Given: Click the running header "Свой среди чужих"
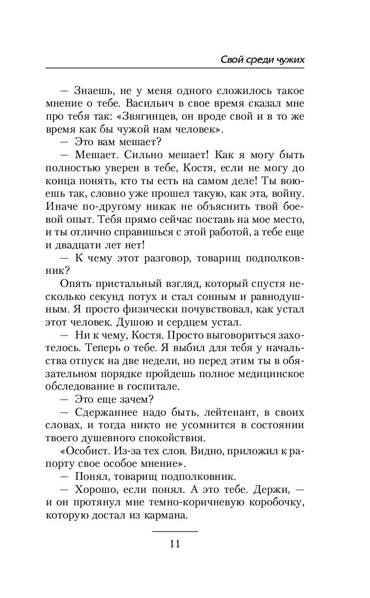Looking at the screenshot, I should [x=262, y=59].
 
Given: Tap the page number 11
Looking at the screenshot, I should [x=175, y=544].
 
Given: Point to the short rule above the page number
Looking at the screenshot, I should [x=175, y=531].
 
